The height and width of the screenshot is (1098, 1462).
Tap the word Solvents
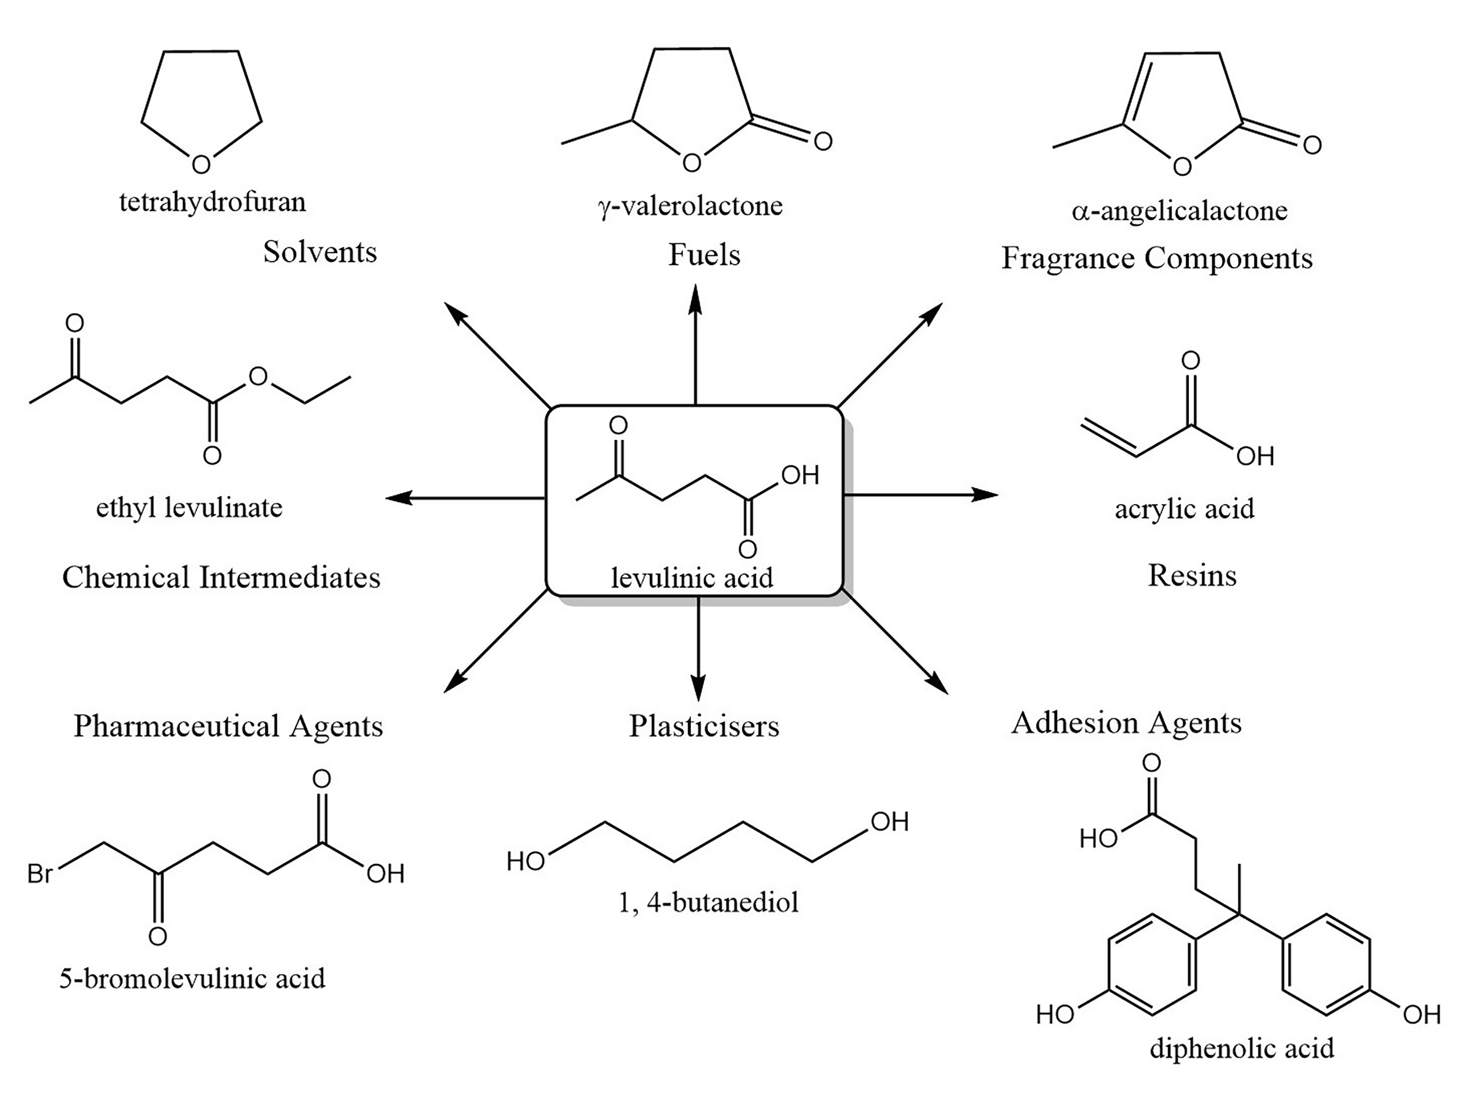320,252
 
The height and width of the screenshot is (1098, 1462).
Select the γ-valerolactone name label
690,206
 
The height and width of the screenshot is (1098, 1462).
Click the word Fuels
704,254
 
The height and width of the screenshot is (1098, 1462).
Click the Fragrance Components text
1157,258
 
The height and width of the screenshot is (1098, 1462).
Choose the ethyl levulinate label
189,508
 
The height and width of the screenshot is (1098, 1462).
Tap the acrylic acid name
1184,508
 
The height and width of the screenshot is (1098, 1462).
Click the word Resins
1192,575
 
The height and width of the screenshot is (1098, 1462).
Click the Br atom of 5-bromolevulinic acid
40,874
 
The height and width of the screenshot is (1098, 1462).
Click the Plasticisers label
704,726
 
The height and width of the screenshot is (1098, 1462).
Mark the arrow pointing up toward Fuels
695,344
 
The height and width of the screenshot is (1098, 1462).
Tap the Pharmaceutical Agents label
228,726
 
